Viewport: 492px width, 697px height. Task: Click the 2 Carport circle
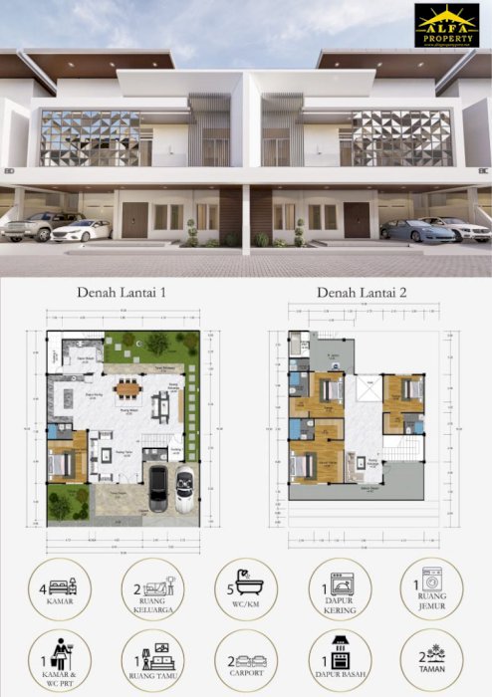coord(246,661)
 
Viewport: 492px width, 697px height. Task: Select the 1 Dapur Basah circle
coord(339,661)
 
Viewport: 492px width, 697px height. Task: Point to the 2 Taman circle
coord(430,661)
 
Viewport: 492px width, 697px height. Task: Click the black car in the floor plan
coord(157,488)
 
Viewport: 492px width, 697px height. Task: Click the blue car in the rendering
coord(409,230)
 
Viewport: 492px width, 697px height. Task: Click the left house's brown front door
coord(134,220)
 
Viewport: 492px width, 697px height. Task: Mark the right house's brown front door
coord(358,220)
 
